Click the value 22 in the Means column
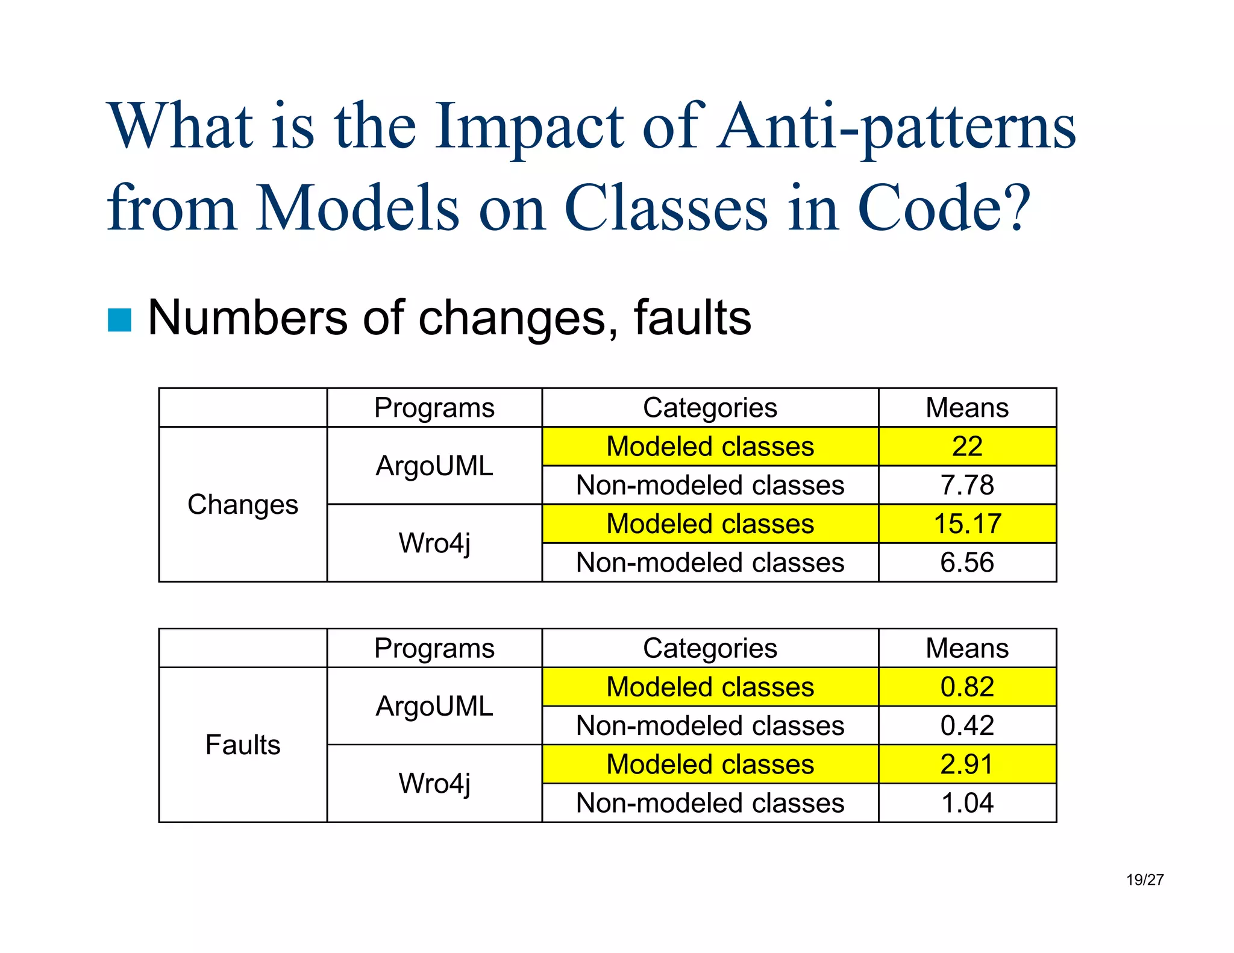point(966,446)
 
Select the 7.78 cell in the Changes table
point(966,485)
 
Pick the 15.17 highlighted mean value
point(966,523)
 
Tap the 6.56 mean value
point(966,563)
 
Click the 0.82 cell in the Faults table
point(966,687)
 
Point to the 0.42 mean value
point(966,725)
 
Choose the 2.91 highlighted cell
point(966,764)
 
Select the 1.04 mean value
point(966,803)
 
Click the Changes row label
point(242,504)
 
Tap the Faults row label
point(242,745)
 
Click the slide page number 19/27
point(1144,880)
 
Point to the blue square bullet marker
point(119,320)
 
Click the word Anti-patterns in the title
point(896,127)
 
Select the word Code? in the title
point(944,208)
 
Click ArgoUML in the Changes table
point(434,466)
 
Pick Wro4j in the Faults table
point(434,783)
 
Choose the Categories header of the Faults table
point(710,648)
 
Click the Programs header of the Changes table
point(434,408)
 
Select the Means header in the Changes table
point(966,408)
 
